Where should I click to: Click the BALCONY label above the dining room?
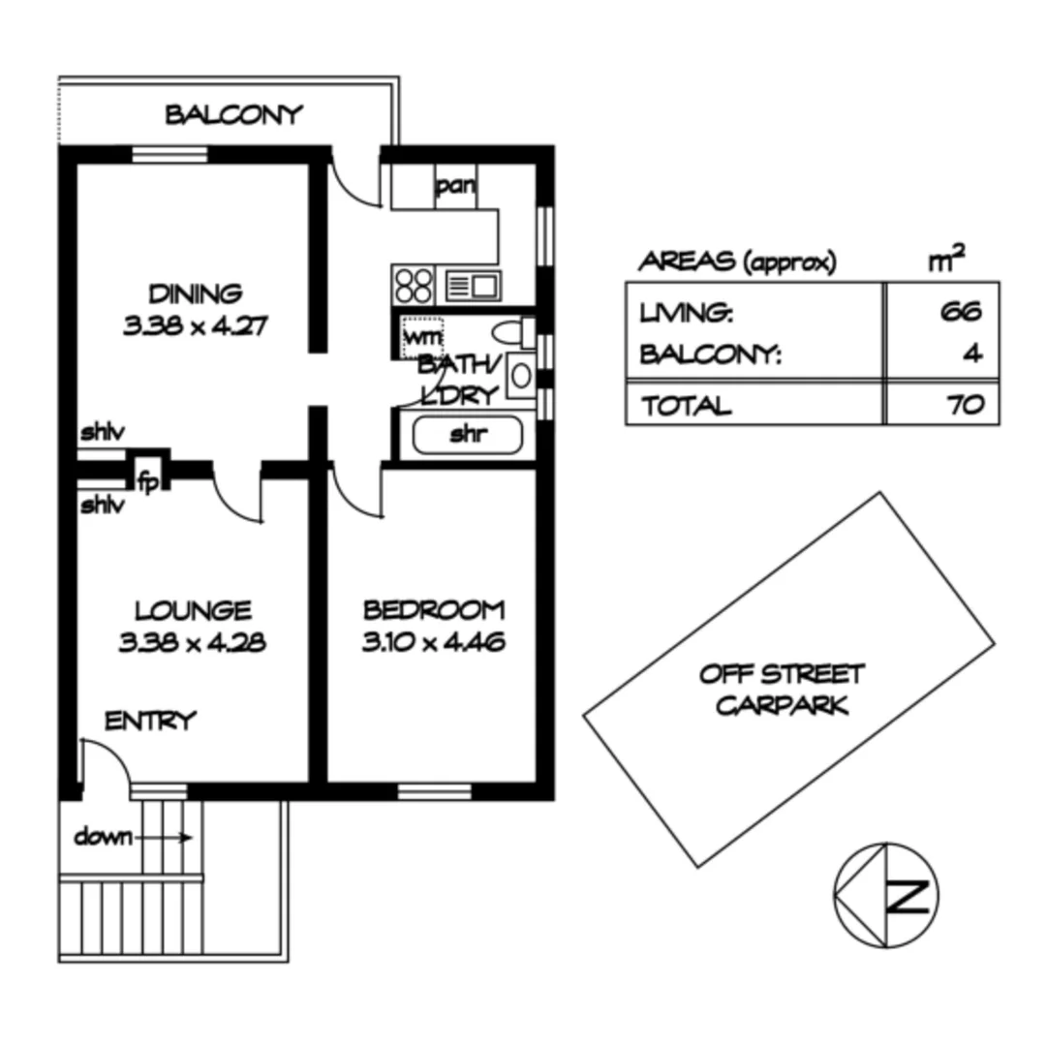(x=233, y=115)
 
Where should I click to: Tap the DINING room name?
(x=195, y=293)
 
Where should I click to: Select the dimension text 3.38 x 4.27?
(x=195, y=326)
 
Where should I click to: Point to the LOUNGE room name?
(x=194, y=611)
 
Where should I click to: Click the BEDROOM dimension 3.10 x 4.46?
(x=433, y=642)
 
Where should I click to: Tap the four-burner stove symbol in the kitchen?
(x=415, y=286)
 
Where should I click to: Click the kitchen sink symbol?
(x=473, y=286)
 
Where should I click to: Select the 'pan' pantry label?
(x=453, y=187)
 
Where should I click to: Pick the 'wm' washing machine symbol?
(x=421, y=337)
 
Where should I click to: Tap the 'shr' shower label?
(x=467, y=435)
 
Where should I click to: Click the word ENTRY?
(x=150, y=722)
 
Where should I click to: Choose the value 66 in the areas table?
(x=960, y=312)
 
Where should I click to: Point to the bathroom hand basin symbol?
(x=519, y=374)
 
